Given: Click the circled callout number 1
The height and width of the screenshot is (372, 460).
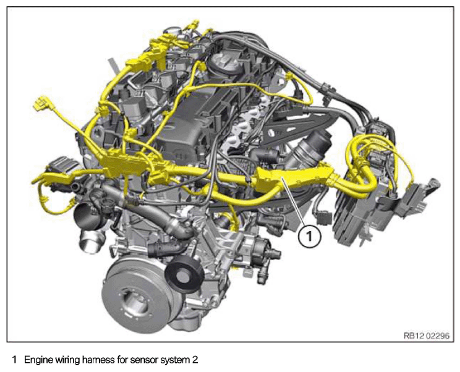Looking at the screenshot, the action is click(309, 235).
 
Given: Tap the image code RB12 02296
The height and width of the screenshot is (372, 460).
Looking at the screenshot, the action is click(426, 336).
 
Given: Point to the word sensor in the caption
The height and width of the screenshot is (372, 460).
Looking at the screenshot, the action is click(144, 360).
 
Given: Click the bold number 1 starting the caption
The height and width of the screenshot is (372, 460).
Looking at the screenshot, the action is click(15, 360).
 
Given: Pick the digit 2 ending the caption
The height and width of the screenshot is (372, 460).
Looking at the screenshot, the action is click(195, 360).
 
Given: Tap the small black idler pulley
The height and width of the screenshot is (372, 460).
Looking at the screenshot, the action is click(184, 276).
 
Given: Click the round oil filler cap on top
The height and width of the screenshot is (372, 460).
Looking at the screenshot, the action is click(224, 62).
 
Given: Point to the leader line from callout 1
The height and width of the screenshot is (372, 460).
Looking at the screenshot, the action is click(292, 202).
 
